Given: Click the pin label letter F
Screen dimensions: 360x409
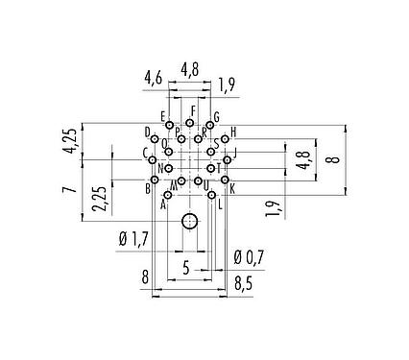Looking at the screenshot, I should point(193,111).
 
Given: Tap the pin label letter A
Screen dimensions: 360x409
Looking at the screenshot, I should point(163,204).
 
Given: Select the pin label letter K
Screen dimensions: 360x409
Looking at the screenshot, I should point(233,188).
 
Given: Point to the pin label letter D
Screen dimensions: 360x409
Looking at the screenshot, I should point(148,132).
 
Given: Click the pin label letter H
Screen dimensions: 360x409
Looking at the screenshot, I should point(233,132).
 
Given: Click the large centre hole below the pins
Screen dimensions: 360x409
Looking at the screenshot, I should point(190,223).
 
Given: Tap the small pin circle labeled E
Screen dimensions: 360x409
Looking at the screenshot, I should point(169,126).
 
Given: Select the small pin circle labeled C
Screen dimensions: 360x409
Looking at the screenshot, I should point(153,159).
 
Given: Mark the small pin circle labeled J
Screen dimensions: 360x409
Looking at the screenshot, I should point(227,159).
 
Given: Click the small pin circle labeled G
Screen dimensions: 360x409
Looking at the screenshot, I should point(209,126).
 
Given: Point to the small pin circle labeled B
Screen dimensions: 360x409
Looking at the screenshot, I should point(155,180).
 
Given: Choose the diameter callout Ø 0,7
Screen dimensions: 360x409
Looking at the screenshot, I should point(248,256).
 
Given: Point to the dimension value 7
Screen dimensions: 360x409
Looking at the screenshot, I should point(69,190).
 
